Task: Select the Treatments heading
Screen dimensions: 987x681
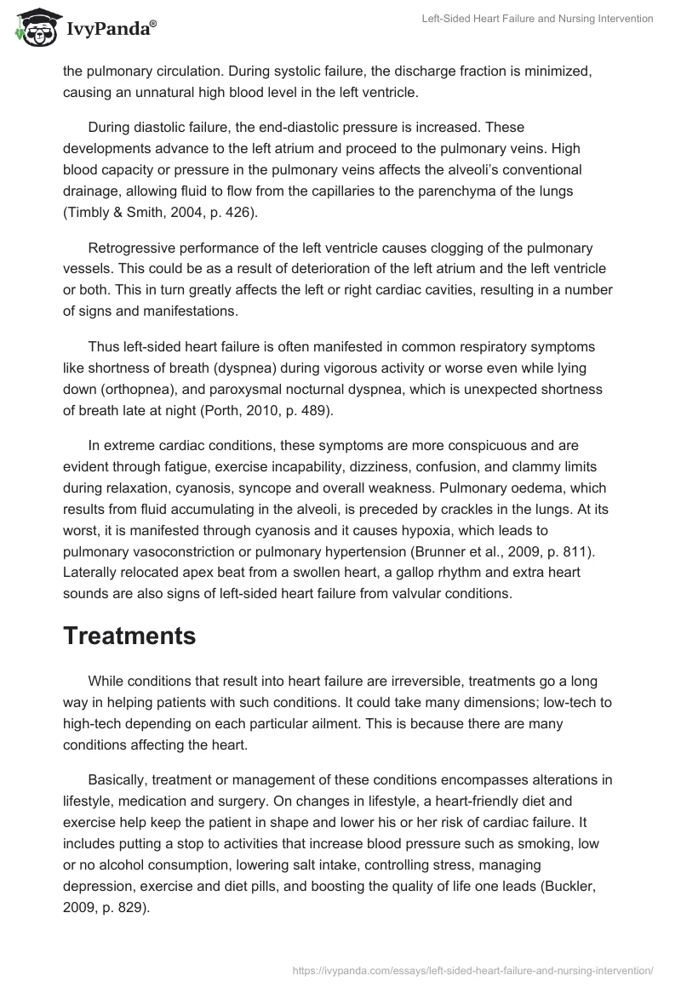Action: [x=129, y=636]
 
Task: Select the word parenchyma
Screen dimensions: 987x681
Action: [x=476, y=191]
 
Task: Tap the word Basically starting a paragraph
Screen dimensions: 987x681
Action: [x=118, y=780]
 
